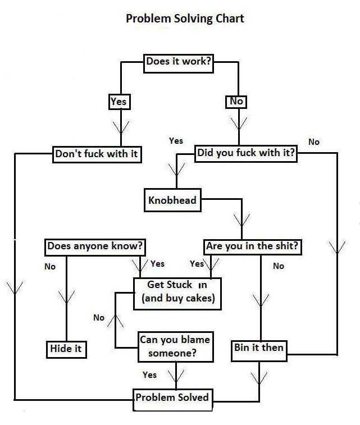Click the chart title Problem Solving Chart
pos(185,19)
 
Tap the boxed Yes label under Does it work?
pos(119,102)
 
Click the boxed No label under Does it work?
pos(236,102)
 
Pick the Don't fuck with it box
pos(97,154)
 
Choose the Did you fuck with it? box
pos(246,153)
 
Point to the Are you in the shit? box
pos(252,246)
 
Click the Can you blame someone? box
pos(174,346)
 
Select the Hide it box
pos(66,349)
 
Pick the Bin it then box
pos(259,348)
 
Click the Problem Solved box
pos(172,398)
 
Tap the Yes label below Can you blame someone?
pos(149,375)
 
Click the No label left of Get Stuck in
pos(99,318)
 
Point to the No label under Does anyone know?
pos(50,267)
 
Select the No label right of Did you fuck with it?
pos(313,142)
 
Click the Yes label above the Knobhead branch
pos(176,141)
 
